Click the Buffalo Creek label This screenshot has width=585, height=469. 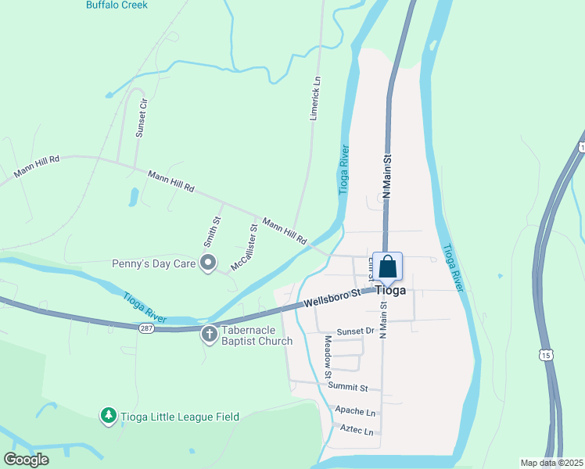[x=117, y=5]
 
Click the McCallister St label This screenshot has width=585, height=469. [x=244, y=249]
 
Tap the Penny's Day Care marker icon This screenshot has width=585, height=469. [x=208, y=264]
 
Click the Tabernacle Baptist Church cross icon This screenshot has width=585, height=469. [x=209, y=335]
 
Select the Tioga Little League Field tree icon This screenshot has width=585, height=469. [x=109, y=416]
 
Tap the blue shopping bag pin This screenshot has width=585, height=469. [x=387, y=267]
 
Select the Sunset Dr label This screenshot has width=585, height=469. [x=356, y=332]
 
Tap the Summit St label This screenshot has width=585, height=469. [x=348, y=388]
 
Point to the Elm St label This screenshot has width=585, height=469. [x=371, y=270]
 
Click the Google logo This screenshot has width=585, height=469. [x=26, y=460]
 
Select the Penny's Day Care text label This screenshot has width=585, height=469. [x=153, y=264]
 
